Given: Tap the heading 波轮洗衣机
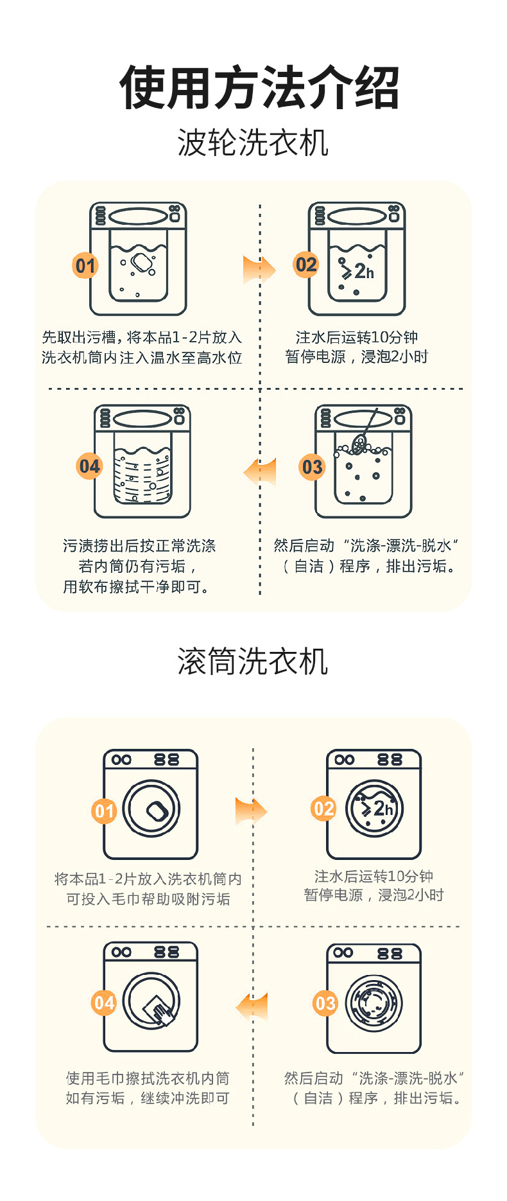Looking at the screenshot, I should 253,142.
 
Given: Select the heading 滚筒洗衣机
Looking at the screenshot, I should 253,661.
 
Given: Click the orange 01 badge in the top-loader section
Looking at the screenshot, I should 85,266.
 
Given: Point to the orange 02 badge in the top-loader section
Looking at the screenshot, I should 306,265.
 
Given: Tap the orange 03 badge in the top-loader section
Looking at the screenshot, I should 313,467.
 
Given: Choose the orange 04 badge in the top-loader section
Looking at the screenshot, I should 90,466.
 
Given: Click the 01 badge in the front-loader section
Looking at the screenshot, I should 104,811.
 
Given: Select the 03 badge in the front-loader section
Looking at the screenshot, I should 325,1003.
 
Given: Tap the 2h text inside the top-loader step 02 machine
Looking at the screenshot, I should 363,272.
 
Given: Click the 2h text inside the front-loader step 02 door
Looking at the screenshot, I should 382,809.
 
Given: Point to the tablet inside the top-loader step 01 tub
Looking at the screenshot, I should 141,261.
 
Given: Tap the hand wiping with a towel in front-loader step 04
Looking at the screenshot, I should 160,1012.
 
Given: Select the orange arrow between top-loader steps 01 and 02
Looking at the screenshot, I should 259,270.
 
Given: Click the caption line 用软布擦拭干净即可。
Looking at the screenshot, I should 136,587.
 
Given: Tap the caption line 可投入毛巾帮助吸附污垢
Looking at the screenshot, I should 148,899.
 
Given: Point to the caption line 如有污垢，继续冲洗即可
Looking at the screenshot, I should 148,1098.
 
